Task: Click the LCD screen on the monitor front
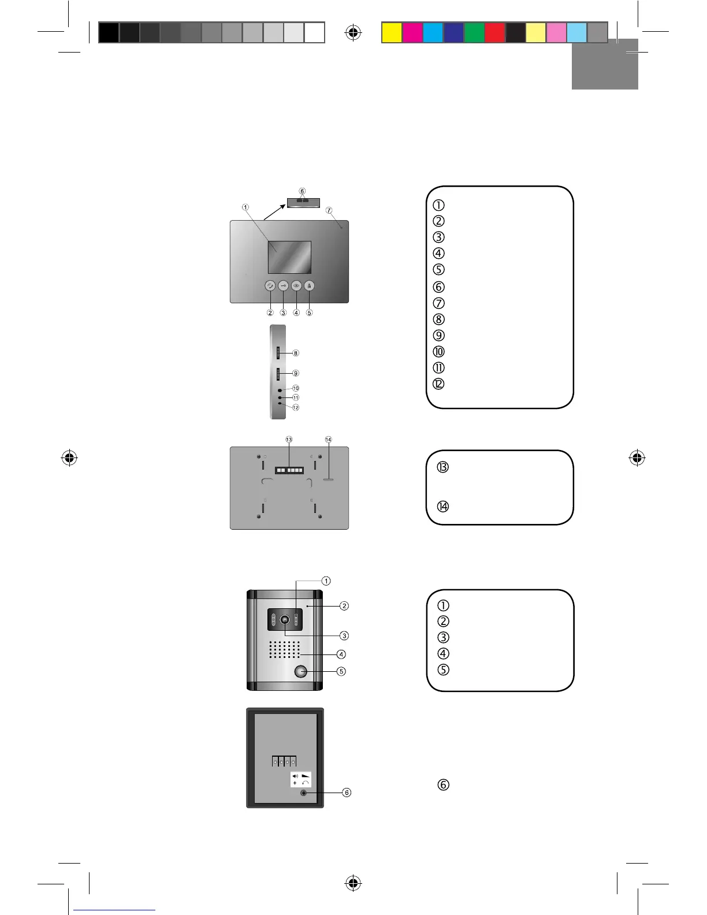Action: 289,257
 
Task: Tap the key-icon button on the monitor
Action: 283,285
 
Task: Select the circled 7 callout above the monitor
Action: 329,211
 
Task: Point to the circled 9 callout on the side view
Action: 296,373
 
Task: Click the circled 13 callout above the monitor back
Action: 289,440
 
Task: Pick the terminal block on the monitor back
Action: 289,470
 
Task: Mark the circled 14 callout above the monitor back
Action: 329,440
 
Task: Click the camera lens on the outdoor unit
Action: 285,619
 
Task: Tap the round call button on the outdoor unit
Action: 300,671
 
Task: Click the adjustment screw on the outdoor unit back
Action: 303,793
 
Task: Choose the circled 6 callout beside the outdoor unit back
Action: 347,793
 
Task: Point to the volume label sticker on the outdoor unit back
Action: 300,779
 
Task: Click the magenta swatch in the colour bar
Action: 412,32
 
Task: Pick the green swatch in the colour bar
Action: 474,32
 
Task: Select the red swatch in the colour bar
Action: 495,32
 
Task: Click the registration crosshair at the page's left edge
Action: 69,458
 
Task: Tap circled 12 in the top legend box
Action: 438,384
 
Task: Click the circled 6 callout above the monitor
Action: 302,191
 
